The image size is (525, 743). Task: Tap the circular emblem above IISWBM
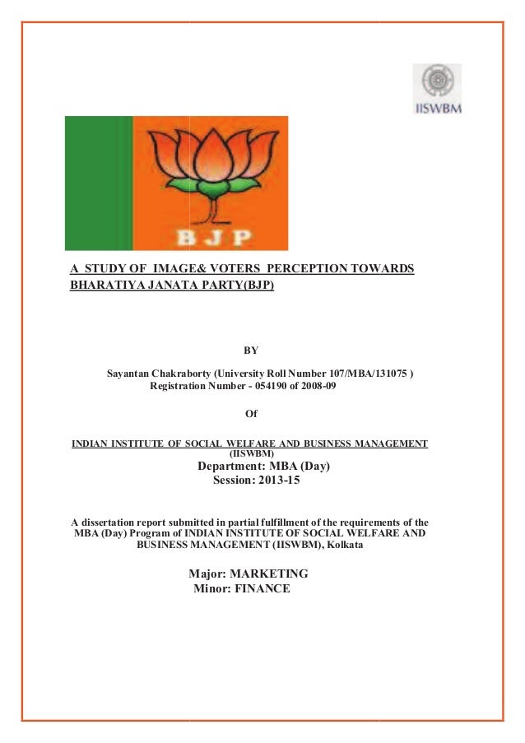[436, 81]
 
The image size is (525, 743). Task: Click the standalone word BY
[252, 351]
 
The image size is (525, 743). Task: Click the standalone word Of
[252, 414]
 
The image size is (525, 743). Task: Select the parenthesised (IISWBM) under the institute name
[251, 453]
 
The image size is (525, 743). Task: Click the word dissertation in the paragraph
[108, 522]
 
